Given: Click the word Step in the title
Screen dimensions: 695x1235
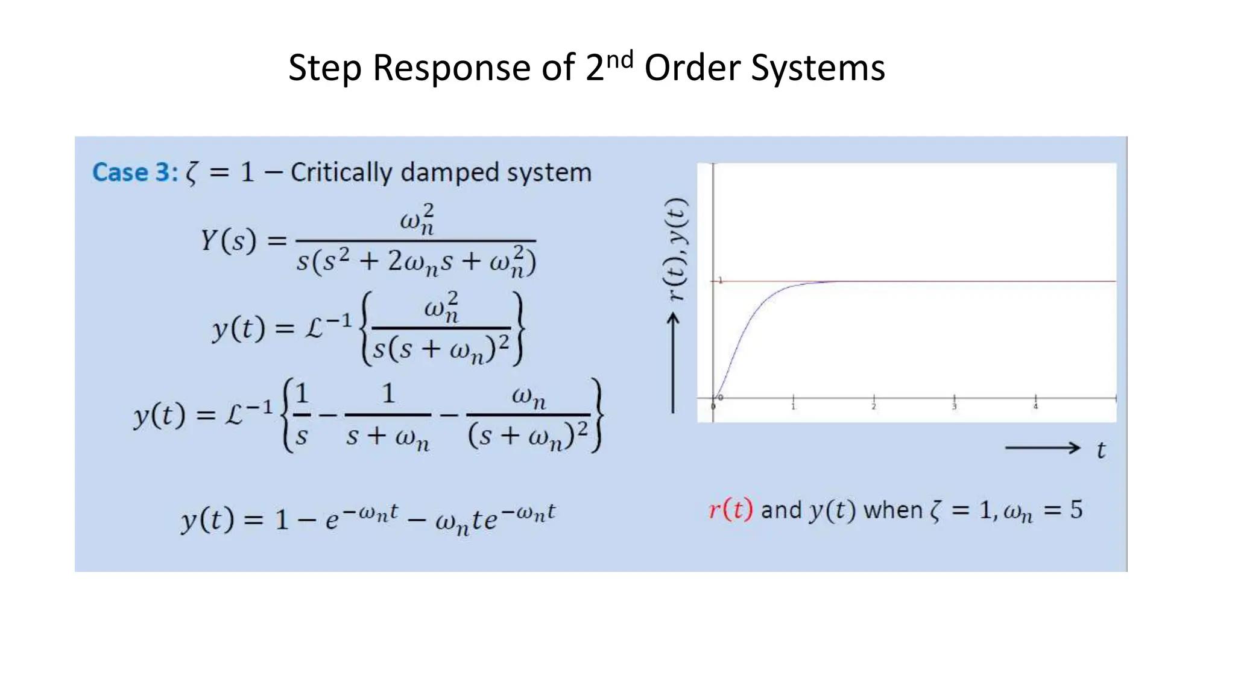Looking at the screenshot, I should (x=325, y=68).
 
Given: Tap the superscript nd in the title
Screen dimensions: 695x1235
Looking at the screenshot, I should (x=619, y=59).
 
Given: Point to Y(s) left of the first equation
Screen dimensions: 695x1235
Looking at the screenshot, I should (x=228, y=241).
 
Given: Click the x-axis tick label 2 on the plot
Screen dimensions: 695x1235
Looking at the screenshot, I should (x=873, y=407).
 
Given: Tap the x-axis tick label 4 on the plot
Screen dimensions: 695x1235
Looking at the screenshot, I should (x=1035, y=407).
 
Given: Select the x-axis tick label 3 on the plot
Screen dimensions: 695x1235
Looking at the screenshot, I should (x=954, y=407).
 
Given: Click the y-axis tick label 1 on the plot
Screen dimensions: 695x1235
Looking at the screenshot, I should (x=720, y=281).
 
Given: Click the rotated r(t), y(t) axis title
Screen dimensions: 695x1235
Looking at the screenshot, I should (x=676, y=249).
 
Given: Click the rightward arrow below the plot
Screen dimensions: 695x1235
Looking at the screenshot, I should (x=1042, y=448).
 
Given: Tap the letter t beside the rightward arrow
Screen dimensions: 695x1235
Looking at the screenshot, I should (x=1101, y=450).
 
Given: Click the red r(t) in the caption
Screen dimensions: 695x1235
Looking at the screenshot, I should (x=730, y=510).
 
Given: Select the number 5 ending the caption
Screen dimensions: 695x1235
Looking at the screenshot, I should (x=1076, y=510).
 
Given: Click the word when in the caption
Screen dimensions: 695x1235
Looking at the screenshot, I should (x=892, y=510).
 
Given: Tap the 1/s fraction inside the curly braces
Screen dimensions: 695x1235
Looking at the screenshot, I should (x=302, y=415).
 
